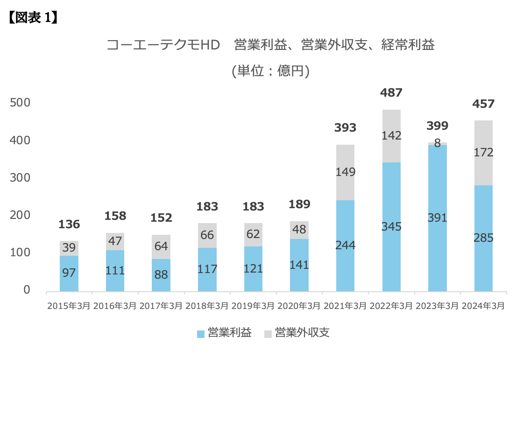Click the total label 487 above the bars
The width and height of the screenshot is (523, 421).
[391, 93]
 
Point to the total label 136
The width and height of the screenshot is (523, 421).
[69, 225]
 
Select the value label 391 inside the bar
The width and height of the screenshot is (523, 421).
[438, 218]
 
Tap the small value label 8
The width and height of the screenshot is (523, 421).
[438, 143]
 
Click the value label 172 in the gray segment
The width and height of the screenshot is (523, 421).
[483, 152]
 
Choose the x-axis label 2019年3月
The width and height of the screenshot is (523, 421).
[253, 306]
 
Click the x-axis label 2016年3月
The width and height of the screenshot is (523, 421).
[115, 306]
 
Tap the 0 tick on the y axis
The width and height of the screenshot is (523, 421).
[27, 290]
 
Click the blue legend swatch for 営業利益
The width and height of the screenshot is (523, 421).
[201, 334]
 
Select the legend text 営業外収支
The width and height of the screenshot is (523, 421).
[302, 333]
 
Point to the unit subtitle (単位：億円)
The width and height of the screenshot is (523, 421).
[270, 71]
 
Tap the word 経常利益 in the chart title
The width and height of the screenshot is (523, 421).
[408, 45]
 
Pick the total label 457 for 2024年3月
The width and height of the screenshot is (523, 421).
[483, 104]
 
